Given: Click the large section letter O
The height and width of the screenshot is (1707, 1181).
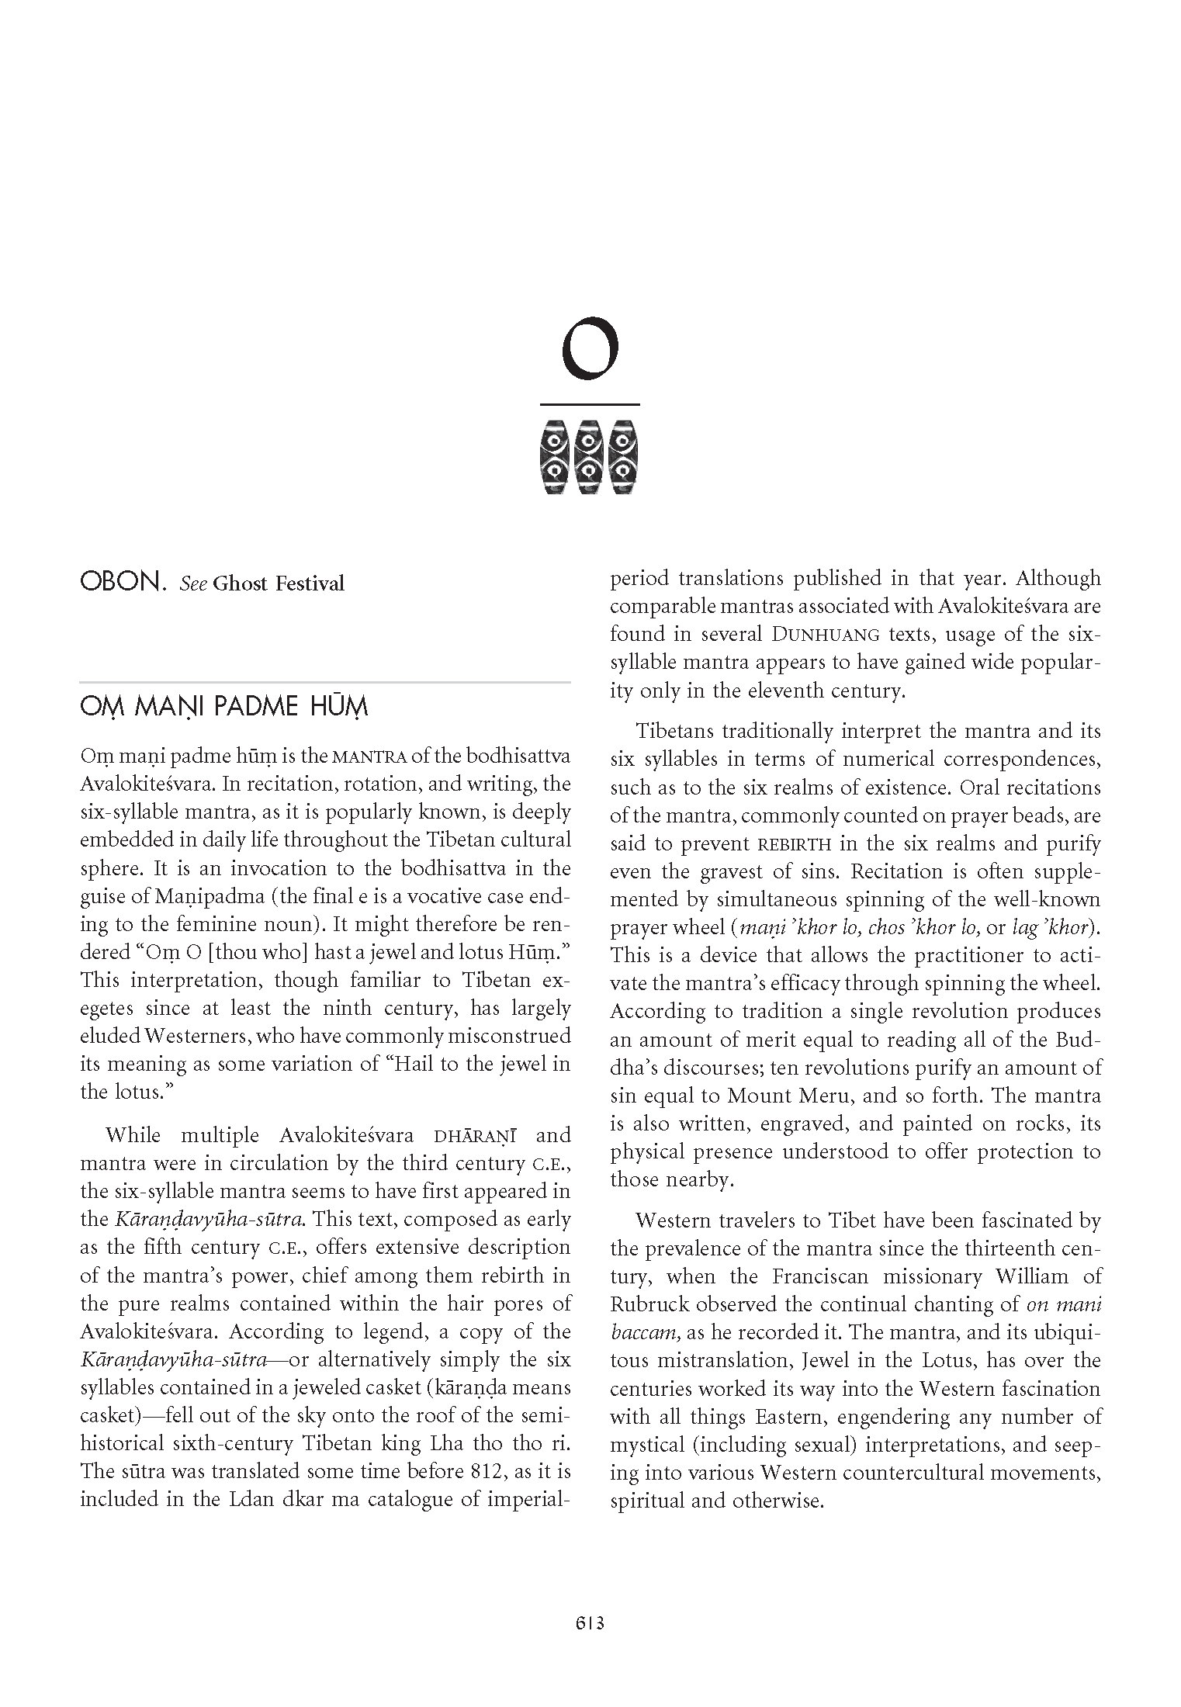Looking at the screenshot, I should click(590, 348).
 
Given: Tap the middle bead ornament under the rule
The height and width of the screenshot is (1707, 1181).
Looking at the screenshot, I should click(590, 457).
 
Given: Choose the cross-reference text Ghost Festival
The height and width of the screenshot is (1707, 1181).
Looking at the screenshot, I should click(278, 583).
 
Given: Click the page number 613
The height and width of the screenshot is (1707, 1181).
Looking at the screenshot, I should click(590, 1622).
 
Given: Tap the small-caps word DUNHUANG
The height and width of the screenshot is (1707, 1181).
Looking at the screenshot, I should click(826, 635).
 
